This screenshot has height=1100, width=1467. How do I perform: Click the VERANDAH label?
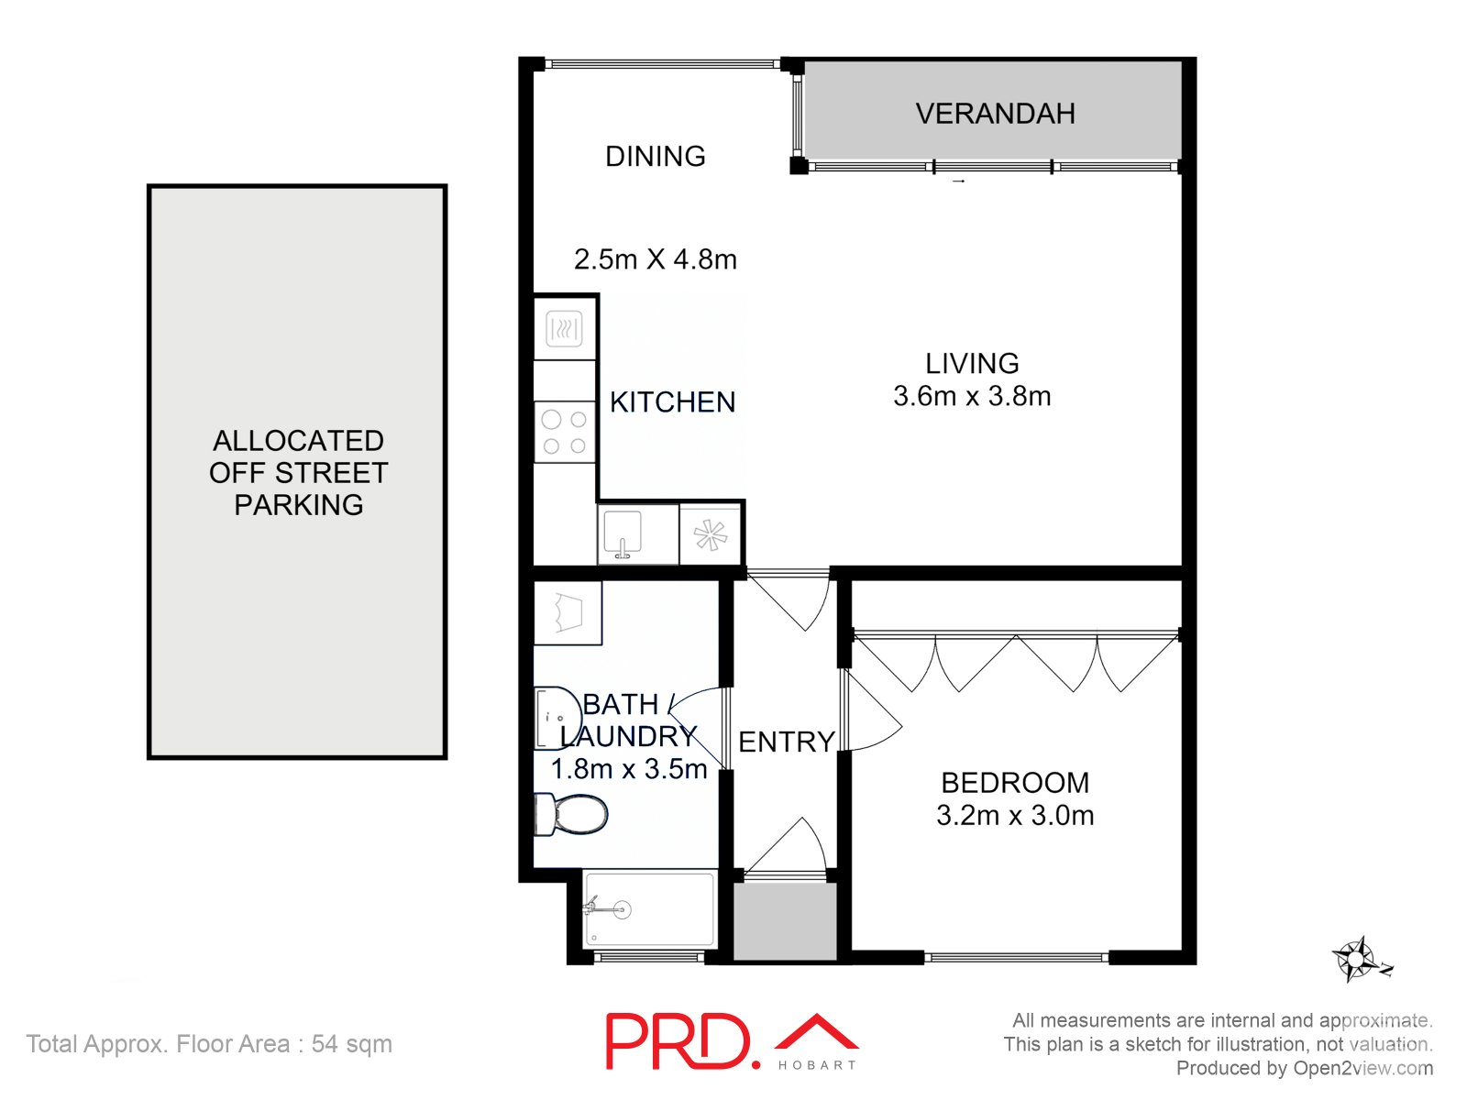[995, 114]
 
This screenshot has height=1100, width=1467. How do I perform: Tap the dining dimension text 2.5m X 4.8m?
[655, 259]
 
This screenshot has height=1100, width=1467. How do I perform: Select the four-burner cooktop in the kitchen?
[564, 433]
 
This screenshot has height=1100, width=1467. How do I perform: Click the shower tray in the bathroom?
[649, 909]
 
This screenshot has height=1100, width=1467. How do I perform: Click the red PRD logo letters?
[678, 1041]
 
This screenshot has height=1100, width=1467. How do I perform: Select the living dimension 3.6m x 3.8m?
[972, 396]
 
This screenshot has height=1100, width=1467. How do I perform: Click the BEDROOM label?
[1015, 783]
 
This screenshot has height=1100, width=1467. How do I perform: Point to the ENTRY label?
[786, 742]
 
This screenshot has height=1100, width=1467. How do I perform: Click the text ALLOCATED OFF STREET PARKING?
[298, 472]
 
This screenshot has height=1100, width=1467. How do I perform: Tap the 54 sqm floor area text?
[351, 1044]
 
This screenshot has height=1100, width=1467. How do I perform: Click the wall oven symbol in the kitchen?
[564, 329]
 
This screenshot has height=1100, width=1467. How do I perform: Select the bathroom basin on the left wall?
[556, 718]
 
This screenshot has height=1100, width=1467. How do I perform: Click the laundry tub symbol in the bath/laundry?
[568, 612]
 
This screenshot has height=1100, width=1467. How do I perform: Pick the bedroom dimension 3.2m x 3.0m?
[1015, 815]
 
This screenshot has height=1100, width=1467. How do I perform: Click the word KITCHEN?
[672, 401]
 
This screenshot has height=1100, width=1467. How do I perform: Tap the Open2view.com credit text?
[1362, 1068]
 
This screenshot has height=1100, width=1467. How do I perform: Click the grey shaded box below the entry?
[785, 921]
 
